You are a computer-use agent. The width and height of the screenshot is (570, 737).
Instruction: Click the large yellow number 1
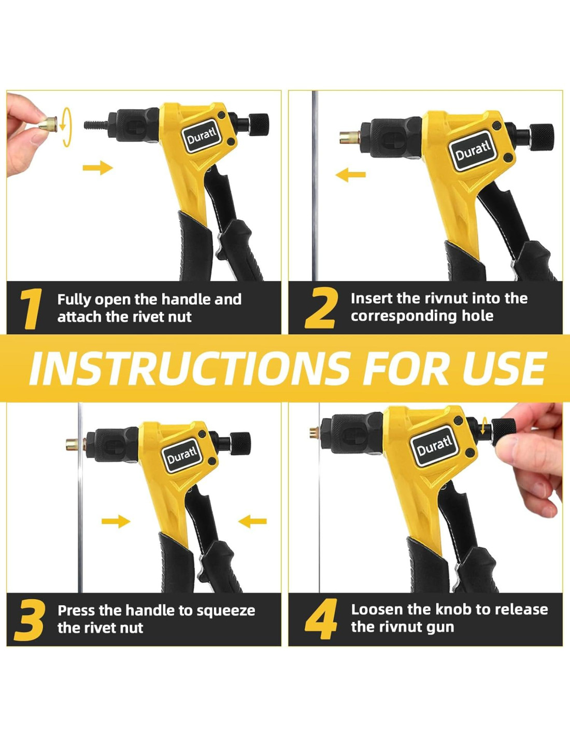coord(31,308)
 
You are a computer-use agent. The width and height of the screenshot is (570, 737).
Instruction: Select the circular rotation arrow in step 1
coord(67,127)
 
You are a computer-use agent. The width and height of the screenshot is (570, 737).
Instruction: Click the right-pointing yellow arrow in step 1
coord(97,167)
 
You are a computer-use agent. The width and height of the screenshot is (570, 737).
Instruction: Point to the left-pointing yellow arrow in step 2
coord(350,175)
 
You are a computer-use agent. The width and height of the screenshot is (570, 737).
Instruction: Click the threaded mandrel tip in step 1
coord(96,124)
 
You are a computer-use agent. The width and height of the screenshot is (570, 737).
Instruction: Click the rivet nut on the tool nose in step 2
coord(350,137)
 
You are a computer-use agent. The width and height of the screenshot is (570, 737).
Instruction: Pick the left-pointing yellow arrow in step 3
coord(253,521)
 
